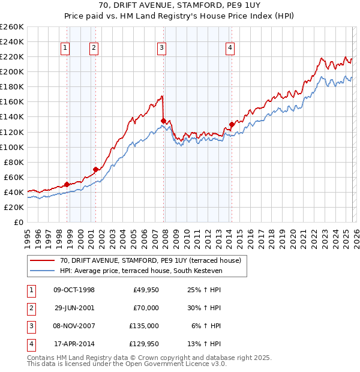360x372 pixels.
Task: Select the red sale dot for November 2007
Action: [x=163, y=121]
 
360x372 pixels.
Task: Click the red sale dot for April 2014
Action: [x=232, y=125]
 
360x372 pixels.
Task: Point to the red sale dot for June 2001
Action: [x=95, y=169]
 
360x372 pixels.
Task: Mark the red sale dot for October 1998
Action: [x=67, y=184]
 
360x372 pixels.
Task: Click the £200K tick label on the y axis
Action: [x=12, y=71]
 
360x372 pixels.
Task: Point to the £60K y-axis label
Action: [x=14, y=177]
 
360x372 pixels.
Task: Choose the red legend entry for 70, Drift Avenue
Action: [x=150, y=260]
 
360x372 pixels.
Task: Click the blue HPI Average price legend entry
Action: [x=140, y=271]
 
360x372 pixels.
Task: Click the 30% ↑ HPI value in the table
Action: [x=205, y=308]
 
